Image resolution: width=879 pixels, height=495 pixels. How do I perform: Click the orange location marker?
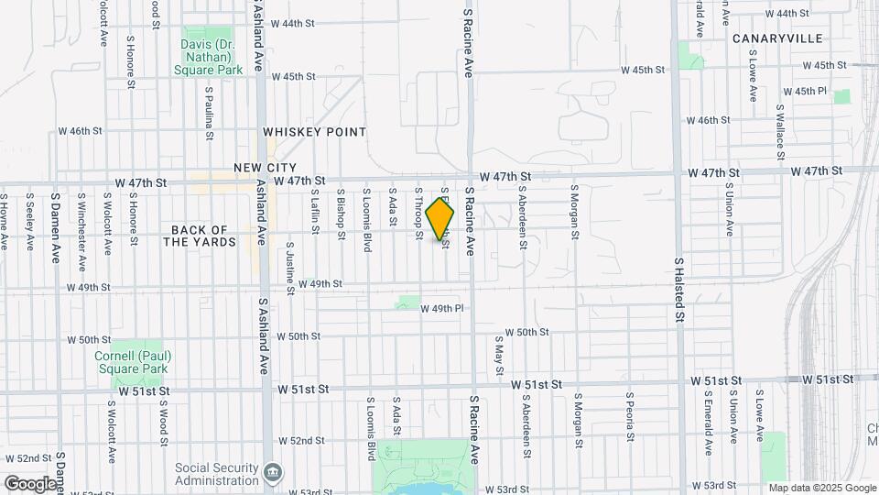[440, 219]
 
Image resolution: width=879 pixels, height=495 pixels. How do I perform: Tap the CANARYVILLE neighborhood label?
[777, 38]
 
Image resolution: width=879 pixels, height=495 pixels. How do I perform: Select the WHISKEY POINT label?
[314, 132]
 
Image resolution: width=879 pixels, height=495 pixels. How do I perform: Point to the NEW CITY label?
[265, 168]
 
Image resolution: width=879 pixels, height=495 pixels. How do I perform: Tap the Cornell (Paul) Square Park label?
[132, 362]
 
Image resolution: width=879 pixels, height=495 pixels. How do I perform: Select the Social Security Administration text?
[217, 473]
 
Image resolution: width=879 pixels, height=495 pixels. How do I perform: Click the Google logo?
[30, 483]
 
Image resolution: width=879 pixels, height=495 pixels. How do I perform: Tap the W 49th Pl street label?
[443, 309]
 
